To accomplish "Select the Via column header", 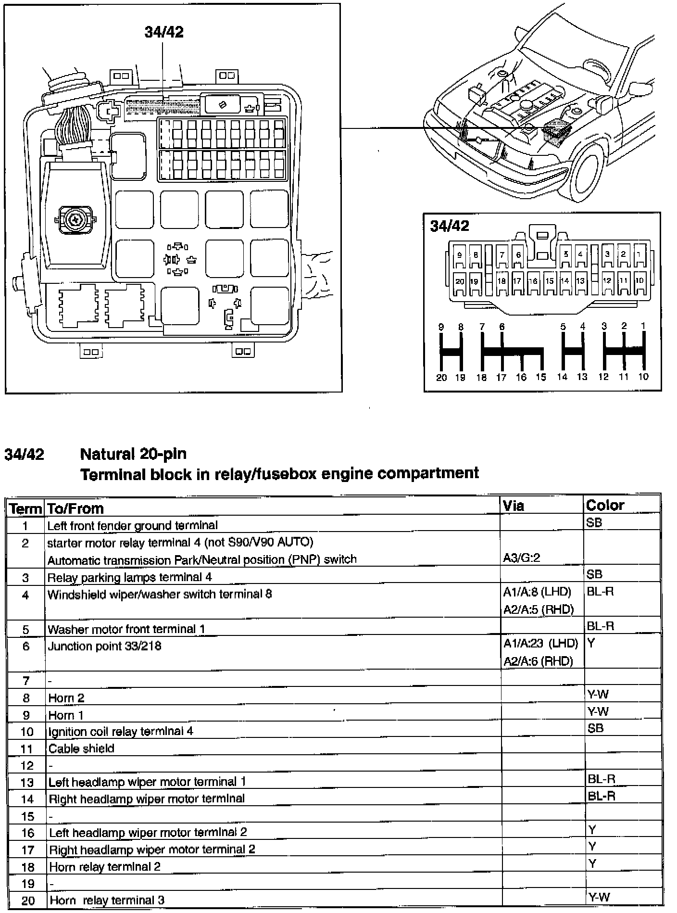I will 513,506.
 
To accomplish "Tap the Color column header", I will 605,505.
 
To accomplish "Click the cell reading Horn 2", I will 66,698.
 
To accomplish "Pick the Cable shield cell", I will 81,748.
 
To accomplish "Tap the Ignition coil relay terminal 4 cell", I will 121,732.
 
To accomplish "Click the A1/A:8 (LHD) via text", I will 537,592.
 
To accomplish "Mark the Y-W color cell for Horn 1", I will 598,711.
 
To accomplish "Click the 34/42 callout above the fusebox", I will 164,32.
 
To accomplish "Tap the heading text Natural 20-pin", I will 133,454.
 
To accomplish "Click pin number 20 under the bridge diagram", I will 441,378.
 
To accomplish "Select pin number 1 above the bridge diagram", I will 643,326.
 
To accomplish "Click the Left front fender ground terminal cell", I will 132,525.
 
